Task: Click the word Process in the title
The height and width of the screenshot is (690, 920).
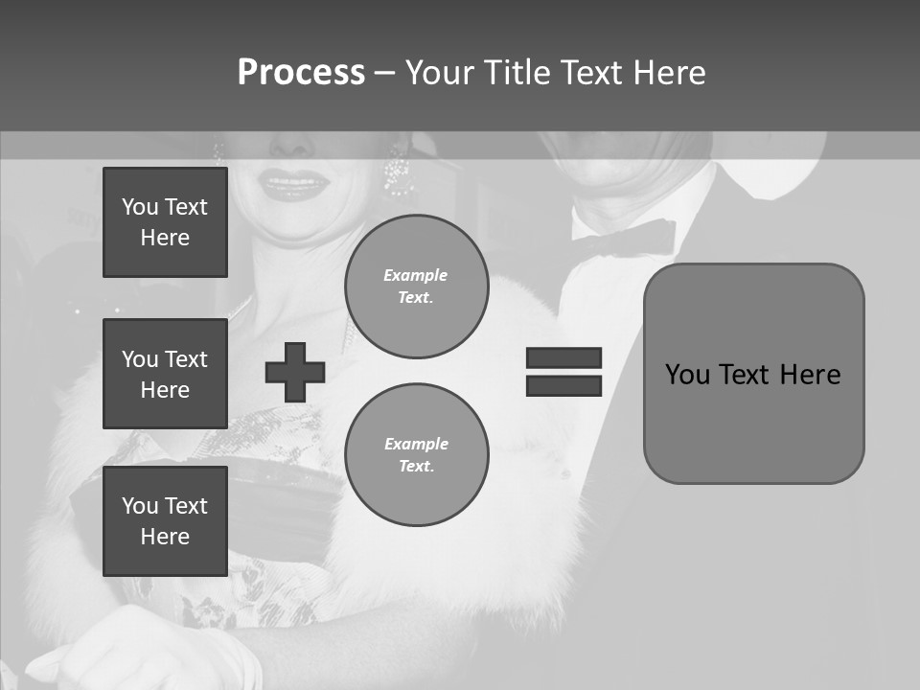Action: click(x=301, y=73)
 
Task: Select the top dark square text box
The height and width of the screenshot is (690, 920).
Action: click(x=165, y=222)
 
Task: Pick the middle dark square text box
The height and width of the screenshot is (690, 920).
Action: click(x=165, y=374)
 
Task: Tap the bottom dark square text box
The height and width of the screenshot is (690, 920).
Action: click(x=165, y=520)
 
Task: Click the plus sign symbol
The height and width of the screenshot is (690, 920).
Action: click(x=295, y=372)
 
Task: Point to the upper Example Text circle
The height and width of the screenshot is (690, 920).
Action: click(x=416, y=287)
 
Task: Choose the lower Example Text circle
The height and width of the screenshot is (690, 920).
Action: click(x=416, y=455)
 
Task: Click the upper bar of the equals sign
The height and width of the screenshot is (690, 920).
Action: click(x=563, y=357)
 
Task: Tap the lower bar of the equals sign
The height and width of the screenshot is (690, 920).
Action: click(x=563, y=385)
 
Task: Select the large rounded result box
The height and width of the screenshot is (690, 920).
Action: click(x=753, y=374)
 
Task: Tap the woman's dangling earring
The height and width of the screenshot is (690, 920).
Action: click(x=397, y=173)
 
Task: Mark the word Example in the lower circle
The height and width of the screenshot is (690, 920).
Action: click(x=416, y=444)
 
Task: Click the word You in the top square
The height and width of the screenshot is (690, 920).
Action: click(x=139, y=207)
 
